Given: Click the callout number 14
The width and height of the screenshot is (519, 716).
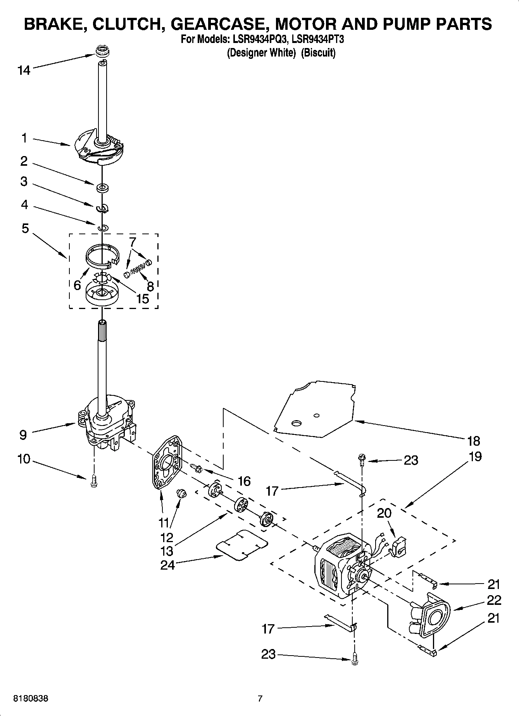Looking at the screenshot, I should [24, 70].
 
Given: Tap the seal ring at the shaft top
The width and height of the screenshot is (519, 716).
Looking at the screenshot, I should [103, 51].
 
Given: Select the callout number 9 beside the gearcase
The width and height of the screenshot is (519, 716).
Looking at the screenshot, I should [23, 435].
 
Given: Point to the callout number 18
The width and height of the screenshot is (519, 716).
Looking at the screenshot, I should [474, 441].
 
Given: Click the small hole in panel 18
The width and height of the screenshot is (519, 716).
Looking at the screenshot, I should [317, 416].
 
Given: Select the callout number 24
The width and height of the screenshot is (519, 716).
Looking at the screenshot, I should [167, 565].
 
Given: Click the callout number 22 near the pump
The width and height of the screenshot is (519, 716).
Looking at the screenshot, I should [493, 600].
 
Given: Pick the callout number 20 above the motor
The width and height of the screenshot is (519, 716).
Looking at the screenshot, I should [384, 513].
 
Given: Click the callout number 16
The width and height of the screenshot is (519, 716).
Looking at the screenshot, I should [244, 481].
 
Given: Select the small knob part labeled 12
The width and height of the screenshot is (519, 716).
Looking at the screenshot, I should [181, 493].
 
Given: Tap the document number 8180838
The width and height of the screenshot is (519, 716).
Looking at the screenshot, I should [31, 699].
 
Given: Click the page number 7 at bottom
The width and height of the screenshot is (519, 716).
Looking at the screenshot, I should [260, 699].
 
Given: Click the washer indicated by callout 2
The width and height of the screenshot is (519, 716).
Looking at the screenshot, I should [103, 188].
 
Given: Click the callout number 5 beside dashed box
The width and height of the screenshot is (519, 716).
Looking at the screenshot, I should [25, 228].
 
